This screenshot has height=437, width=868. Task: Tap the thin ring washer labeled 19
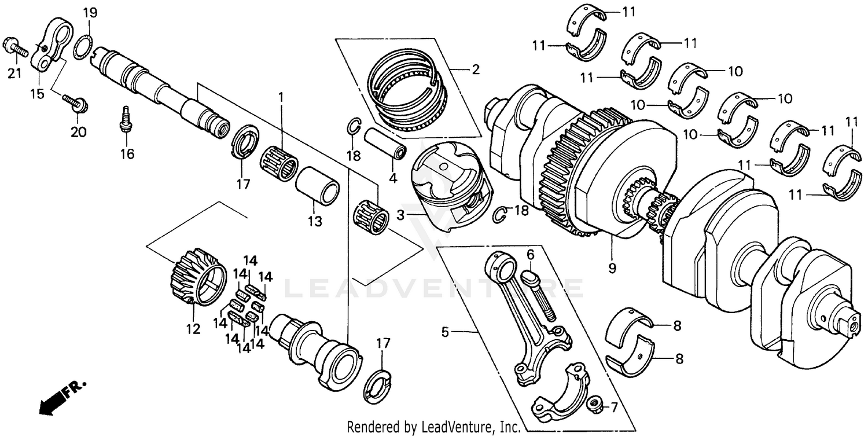tap(83, 47)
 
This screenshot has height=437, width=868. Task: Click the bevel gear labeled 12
tap(197, 276)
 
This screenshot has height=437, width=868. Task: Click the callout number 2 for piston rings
tap(475, 71)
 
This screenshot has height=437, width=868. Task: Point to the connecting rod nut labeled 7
tap(593, 403)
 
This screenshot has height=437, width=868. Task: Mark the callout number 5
tap(445, 332)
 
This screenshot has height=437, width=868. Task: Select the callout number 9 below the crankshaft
tap(612, 268)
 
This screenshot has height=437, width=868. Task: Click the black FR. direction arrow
tap(55, 399)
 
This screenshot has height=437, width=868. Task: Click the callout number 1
tap(281, 97)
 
